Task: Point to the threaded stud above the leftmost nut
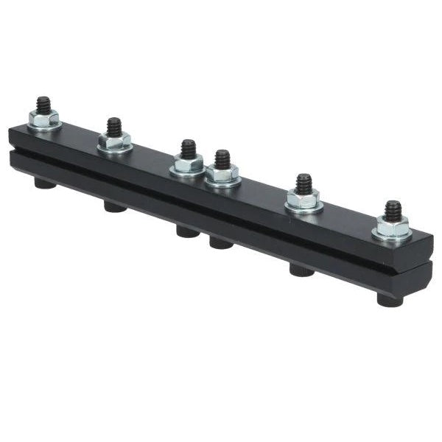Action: pyautogui.click(x=44, y=105)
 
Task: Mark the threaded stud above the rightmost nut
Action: pyautogui.click(x=393, y=211)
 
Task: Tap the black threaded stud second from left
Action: pyautogui.click(x=113, y=127)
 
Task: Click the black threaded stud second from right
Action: pyautogui.click(x=304, y=183)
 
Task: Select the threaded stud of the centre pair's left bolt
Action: pyautogui.click(x=189, y=149)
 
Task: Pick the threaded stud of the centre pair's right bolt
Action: pyautogui.click(x=222, y=159)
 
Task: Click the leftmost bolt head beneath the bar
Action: pyautogui.click(x=45, y=183)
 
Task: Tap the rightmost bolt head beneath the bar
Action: pyautogui.click(x=390, y=300)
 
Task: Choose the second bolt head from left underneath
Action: pyautogui.click(x=114, y=207)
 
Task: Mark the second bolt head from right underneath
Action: pyautogui.click(x=301, y=270)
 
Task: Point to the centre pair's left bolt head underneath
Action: pyautogui.click(x=187, y=231)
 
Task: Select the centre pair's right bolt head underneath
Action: pyautogui.click(x=220, y=242)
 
